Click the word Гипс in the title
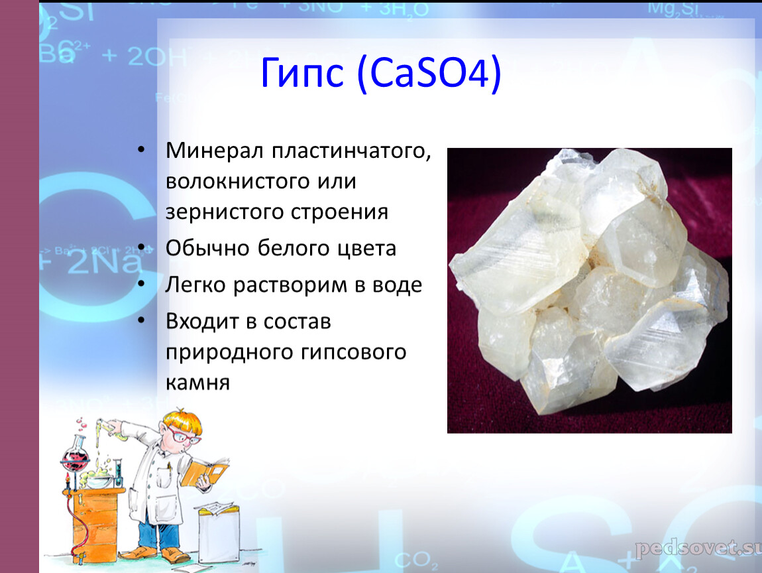click(x=302, y=74)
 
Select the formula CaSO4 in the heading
click(x=429, y=73)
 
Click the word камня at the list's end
click(x=197, y=383)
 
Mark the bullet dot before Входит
click(x=141, y=320)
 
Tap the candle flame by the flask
click(x=68, y=481)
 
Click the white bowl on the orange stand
click(x=99, y=481)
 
